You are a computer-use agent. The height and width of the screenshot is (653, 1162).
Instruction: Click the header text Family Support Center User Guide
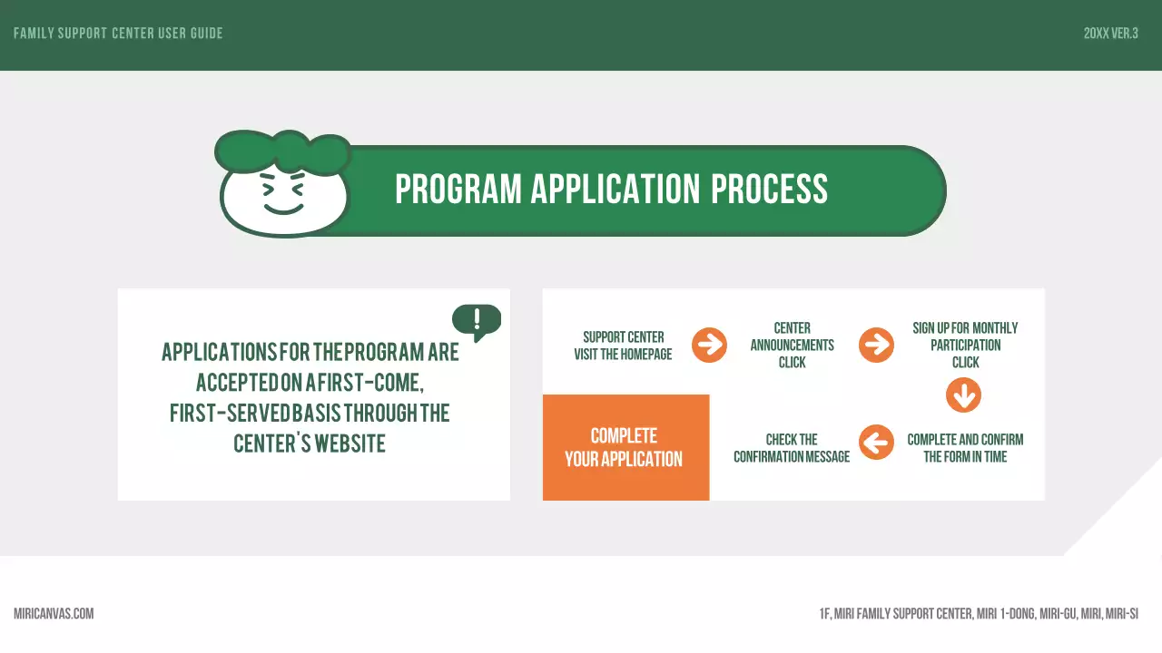click(118, 34)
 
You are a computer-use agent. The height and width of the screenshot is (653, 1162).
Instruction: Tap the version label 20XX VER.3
click(1110, 34)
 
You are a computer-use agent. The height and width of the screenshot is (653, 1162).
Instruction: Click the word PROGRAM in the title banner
click(458, 190)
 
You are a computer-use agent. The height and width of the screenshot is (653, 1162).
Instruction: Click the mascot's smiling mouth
click(283, 209)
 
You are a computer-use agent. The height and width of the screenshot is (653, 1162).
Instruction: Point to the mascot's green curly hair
click(281, 151)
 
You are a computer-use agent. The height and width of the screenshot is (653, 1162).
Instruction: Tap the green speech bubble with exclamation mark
click(477, 320)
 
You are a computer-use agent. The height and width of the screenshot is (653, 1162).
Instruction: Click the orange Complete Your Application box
click(625, 447)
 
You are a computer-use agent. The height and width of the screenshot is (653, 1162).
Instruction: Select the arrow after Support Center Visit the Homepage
click(709, 345)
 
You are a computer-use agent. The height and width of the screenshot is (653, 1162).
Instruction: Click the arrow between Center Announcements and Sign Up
click(876, 345)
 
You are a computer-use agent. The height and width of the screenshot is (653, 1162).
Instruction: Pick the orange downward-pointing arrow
click(963, 395)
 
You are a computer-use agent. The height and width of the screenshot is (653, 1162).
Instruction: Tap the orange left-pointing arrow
click(876, 443)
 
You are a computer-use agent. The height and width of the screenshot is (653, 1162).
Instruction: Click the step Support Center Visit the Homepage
click(623, 346)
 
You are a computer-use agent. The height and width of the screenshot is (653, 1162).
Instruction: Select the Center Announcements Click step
click(792, 345)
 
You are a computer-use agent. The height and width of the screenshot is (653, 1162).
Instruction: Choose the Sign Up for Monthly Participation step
click(965, 345)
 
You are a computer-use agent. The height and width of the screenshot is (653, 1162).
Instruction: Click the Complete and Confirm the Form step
click(965, 448)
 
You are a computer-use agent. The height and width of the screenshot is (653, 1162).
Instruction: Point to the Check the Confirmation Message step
click(792, 448)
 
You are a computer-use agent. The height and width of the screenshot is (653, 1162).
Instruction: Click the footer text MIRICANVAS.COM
click(54, 614)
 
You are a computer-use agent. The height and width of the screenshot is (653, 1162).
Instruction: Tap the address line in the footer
click(979, 614)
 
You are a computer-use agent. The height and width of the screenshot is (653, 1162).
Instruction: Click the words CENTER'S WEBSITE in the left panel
click(310, 443)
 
